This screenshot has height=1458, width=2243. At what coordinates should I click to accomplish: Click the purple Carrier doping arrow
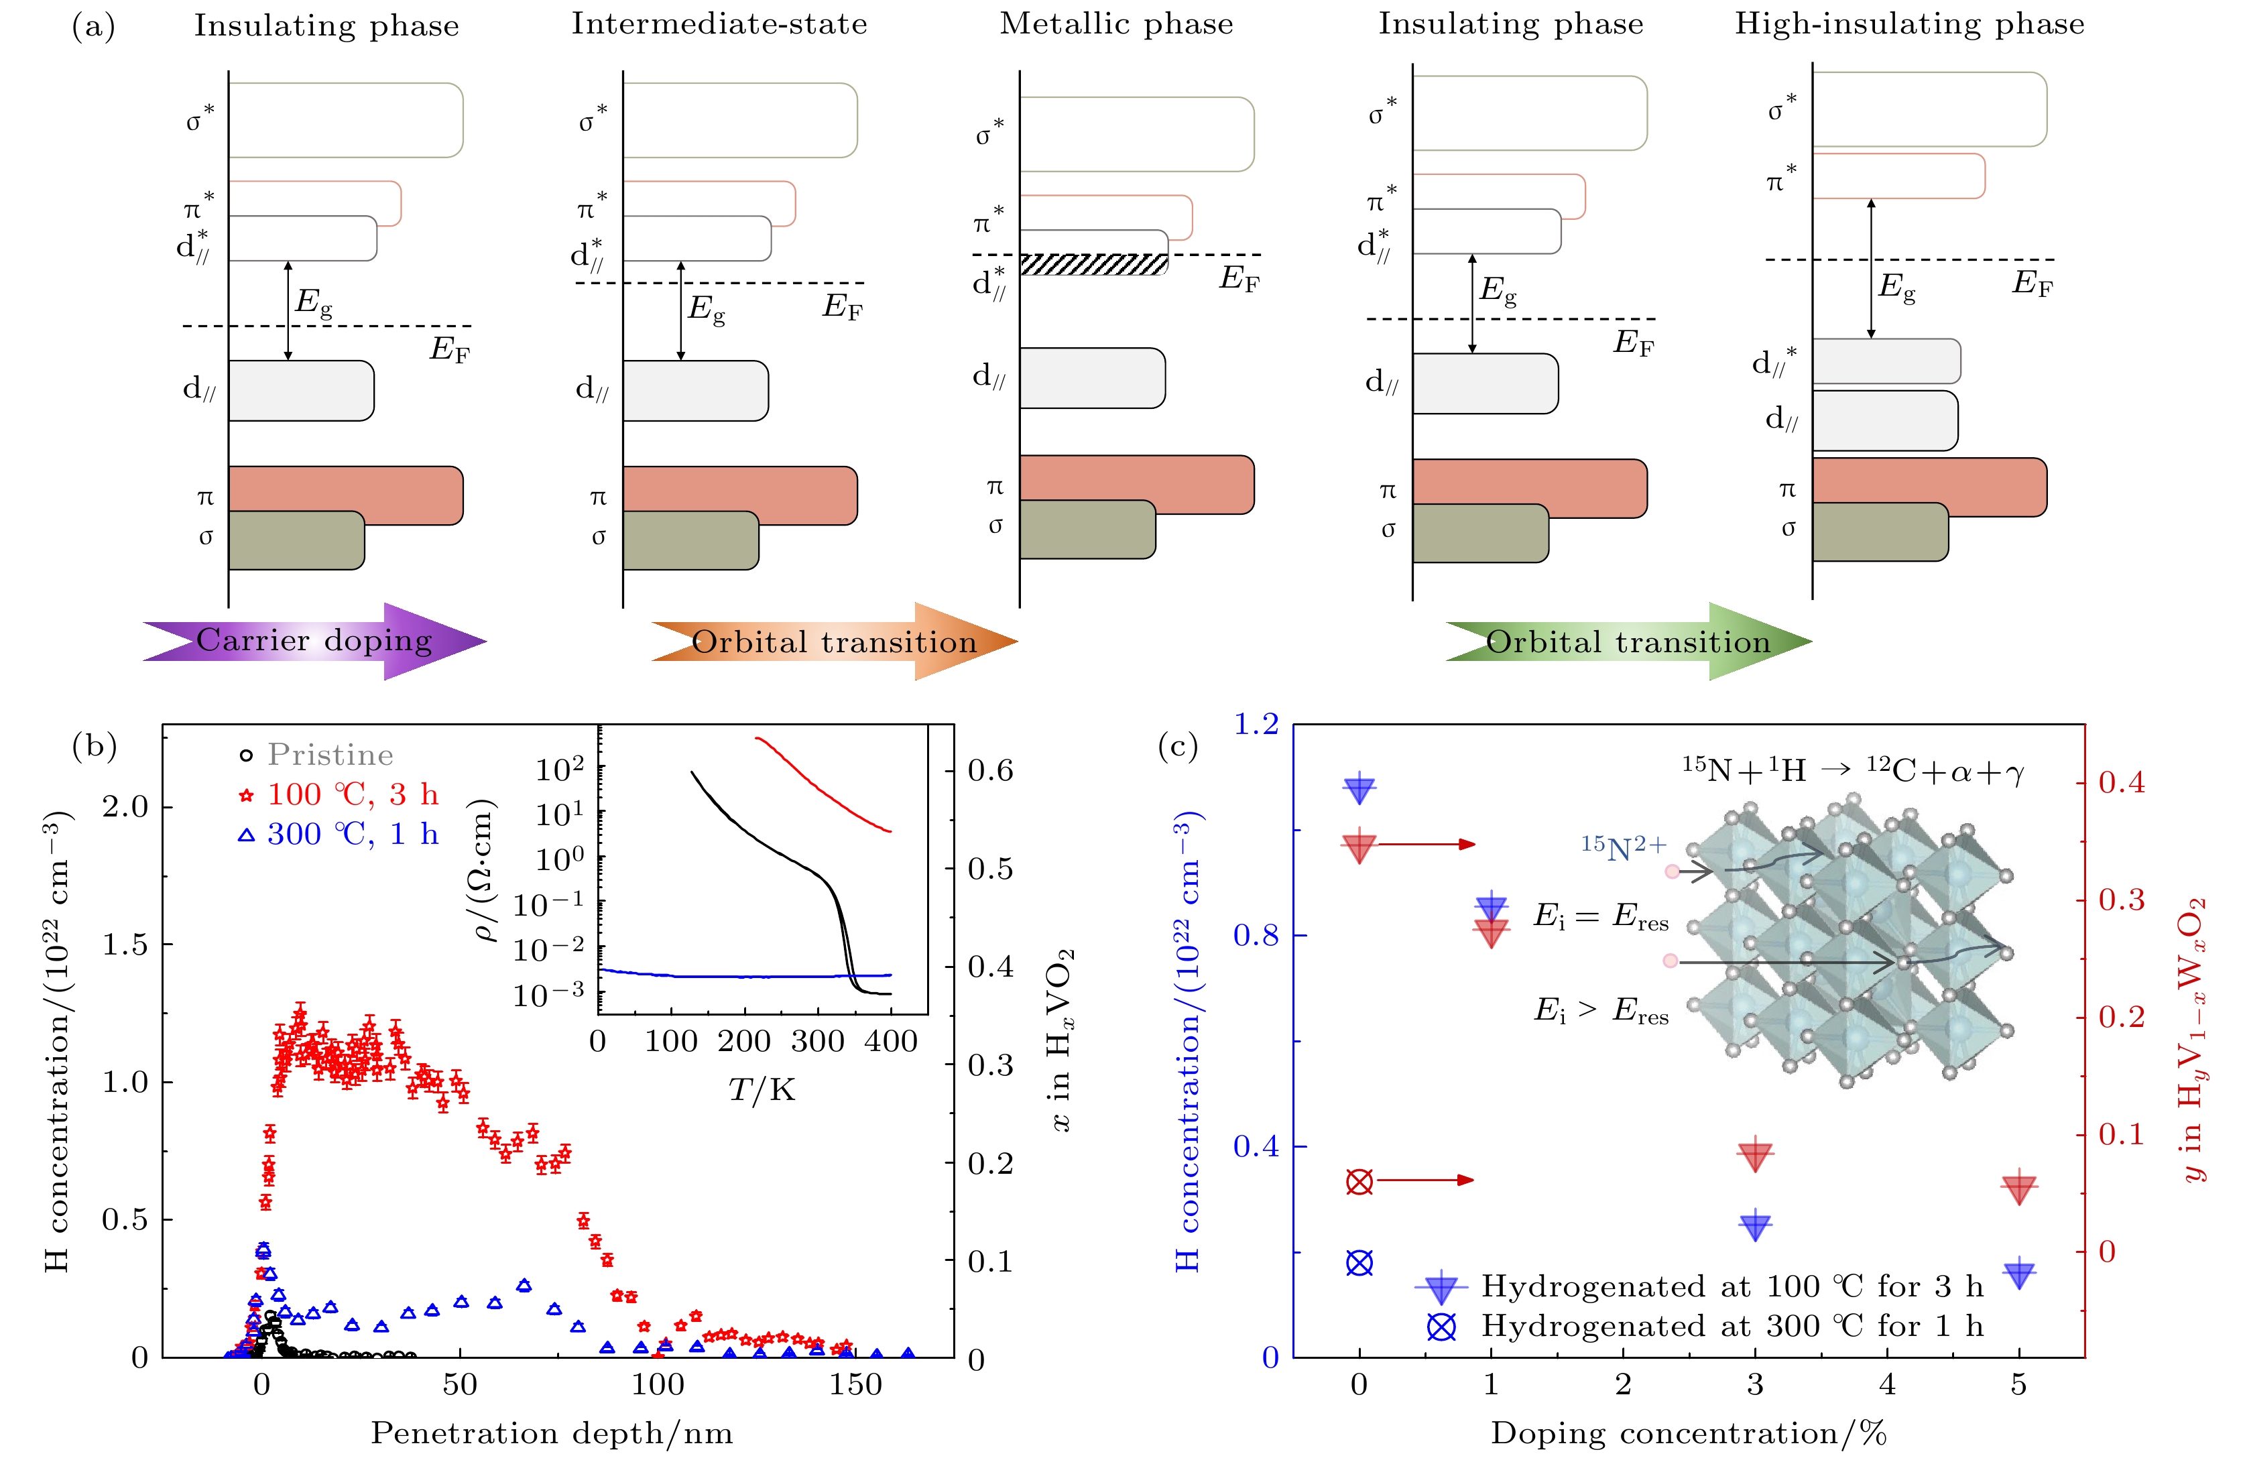314,642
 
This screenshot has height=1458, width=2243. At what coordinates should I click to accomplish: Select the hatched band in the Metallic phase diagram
1093,265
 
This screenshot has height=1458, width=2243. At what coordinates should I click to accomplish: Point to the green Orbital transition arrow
1628,642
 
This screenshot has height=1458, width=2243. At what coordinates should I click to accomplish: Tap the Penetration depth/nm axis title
551,1433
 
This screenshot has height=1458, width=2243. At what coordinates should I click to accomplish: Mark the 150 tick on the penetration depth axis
856,1384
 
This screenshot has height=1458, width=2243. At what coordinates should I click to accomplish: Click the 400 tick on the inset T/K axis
891,1042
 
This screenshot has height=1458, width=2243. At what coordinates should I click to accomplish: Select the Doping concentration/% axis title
1688,1433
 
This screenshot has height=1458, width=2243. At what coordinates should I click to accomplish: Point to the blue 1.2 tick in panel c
1256,724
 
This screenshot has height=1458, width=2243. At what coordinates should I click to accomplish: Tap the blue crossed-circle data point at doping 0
1359,1263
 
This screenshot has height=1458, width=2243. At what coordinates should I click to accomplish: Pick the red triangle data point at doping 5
2018,1189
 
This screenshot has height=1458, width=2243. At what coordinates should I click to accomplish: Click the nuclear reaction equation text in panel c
1853,771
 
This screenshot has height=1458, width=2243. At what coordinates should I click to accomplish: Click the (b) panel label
95,747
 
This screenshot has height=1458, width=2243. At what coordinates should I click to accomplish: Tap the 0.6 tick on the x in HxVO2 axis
989,771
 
